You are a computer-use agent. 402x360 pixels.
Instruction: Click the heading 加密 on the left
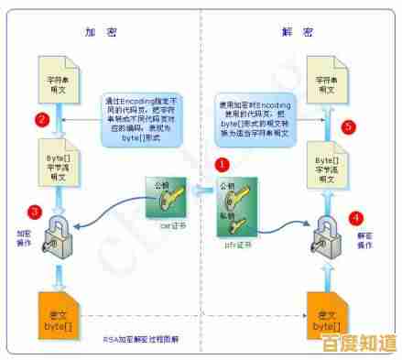pyautogui.click(x=96, y=30)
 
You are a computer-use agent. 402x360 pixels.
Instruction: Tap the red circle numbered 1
pyautogui.click(x=222, y=165)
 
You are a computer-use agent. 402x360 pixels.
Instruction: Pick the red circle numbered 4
pyautogui.click(x=356, y=218)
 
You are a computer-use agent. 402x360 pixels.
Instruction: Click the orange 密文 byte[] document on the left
pyautogui.click(x=58, y=312)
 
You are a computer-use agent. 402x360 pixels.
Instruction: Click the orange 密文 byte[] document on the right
pyautogui.click(x=326, y=312)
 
